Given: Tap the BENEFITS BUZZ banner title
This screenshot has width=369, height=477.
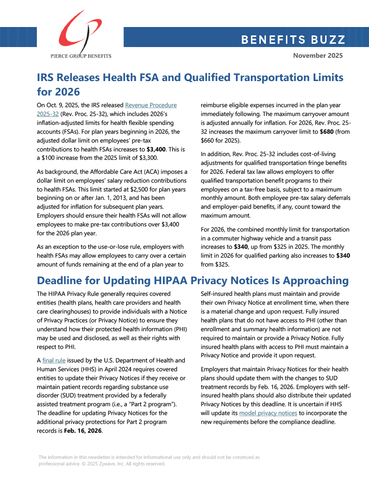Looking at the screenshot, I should [x=293, y=40].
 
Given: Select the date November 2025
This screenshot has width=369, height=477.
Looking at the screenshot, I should [x=318, y=55].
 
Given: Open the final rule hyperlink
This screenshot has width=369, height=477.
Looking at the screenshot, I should [x=54, y=360].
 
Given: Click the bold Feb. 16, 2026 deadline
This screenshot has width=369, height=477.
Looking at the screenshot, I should [x=82, y=431].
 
